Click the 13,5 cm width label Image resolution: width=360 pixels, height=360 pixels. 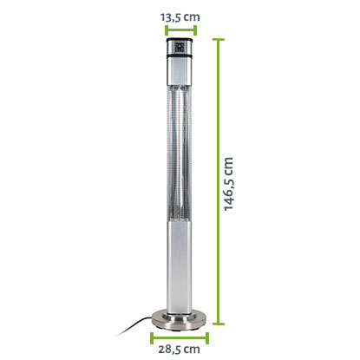pos(180,17)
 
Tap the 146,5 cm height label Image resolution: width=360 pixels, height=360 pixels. pos(228,184)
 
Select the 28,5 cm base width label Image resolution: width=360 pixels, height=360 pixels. pos(179,349)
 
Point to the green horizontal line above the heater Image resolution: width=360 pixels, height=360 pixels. pos(181,30)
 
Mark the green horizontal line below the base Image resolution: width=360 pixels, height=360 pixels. pos(180,337)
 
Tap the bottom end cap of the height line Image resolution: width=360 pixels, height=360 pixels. pos(219,324)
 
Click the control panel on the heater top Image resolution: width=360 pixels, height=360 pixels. pos(180,48)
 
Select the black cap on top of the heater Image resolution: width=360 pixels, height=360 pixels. pos(179,40)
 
